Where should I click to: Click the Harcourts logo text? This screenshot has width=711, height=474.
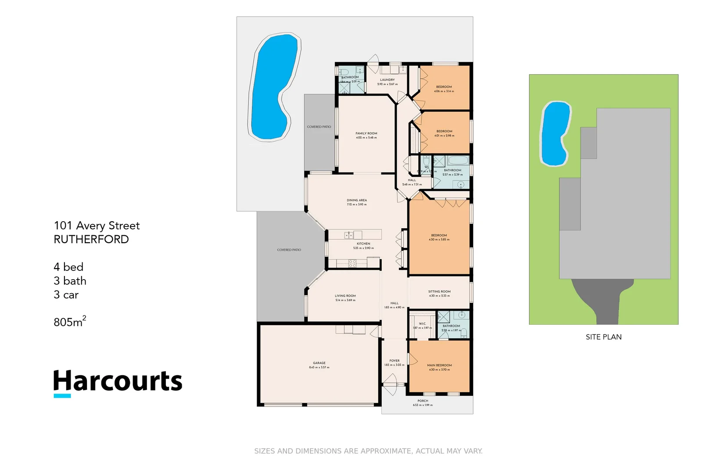click(118, 381)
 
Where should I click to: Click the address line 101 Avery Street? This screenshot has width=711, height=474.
click(97, 226)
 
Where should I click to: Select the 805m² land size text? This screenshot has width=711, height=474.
click(70, 322)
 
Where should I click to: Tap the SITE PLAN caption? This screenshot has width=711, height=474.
click(603, 337)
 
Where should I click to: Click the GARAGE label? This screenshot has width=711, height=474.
click(319, 363)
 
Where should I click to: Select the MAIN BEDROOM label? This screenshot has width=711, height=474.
click(439, 365)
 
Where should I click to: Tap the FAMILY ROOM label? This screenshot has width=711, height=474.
click(366, 133)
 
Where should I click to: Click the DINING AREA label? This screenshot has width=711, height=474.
click(356, 200)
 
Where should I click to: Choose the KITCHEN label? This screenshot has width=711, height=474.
click(363, 244)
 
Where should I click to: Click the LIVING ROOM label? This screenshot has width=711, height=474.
click(345, 296)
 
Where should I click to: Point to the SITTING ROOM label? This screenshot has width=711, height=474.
click(439, 291)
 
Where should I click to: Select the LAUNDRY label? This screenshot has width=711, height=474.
click(387, 80)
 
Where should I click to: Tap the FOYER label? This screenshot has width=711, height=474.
click(395, 361)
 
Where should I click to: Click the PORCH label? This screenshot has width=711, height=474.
click(423, 401)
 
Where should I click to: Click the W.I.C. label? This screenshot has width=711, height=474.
click(422, 323)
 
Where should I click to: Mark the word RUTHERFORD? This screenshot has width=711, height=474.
click(91, 240)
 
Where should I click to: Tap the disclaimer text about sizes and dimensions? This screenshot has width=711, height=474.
click(368, 451)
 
